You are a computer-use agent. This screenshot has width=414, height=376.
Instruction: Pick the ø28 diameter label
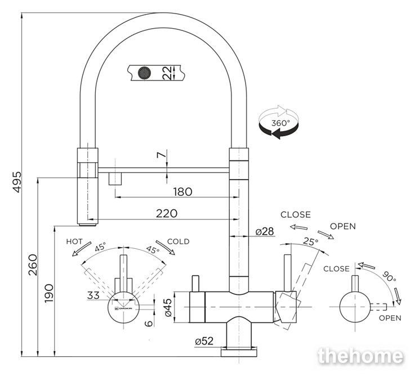click(x=264, y=231)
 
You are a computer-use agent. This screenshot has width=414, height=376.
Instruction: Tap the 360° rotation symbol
click(x=278, y=121)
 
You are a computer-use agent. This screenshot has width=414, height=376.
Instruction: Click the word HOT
click(x=75, y=241)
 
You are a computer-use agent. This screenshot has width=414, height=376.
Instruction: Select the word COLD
click(x=178, y=241)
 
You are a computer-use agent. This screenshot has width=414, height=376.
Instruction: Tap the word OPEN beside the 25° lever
click(x=343, y=226)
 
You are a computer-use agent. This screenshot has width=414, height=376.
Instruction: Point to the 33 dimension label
click(x=94, y=294)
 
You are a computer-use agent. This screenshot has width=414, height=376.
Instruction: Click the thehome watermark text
click(x=360, y=356)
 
